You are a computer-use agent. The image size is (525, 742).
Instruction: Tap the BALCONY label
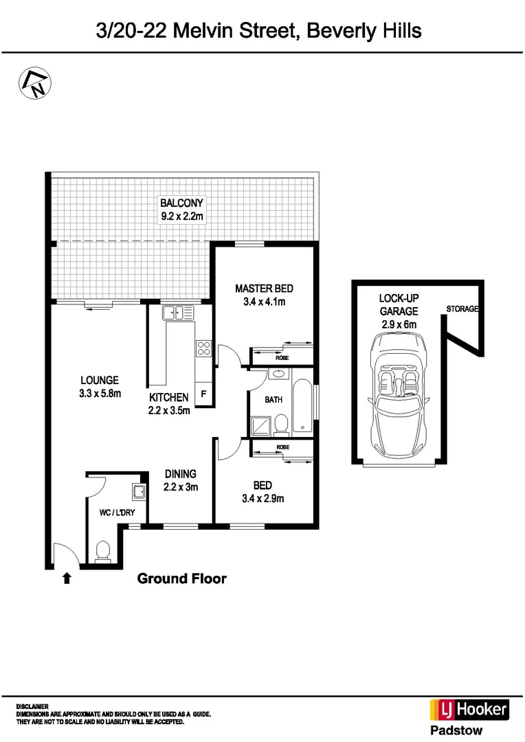(x=181, y=203)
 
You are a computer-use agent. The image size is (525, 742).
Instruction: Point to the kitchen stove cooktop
(x=203, y=348)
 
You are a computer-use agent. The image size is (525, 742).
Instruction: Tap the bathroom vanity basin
(x=278, y=375)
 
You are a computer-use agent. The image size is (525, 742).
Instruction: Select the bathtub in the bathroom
(x=302, y=406)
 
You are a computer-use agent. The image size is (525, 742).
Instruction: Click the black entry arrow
(x=67, y=578)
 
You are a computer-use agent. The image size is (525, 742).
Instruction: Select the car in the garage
(x=399, y=396)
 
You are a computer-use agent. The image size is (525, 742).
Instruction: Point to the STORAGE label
(x=462, y=309)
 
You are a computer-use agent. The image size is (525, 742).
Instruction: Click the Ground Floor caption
(x=181, y=578)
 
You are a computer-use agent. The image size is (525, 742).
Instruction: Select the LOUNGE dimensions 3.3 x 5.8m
(x=100, y=394)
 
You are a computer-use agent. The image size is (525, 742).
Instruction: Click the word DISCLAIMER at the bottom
(x=32, y=706)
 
